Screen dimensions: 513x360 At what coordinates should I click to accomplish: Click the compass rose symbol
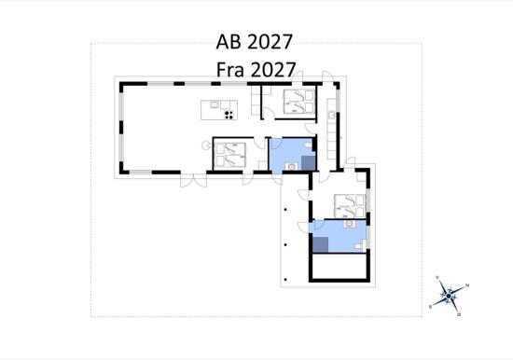(449, 296)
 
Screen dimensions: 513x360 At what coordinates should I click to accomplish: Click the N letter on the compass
(467, 285)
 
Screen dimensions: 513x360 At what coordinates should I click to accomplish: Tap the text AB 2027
(254, 42)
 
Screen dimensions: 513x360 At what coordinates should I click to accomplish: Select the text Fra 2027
(256, 70)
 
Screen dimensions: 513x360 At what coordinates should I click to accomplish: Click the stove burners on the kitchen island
(229, 115)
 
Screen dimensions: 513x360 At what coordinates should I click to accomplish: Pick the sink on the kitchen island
(215, 104)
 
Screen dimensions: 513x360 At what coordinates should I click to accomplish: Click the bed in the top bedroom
(299, 102)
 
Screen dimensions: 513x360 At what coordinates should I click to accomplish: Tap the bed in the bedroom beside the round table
(230, 155)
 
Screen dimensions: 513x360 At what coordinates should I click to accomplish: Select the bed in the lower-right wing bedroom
(350, 206)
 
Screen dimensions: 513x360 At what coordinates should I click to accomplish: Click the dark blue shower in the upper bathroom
(308, 163)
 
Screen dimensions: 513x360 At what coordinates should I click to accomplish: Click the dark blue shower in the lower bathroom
(320, 244)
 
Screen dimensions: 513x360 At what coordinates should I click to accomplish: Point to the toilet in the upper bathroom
(309, 145)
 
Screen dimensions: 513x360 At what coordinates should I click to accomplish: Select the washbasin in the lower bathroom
(350, 224)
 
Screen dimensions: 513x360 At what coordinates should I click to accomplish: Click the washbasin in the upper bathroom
(291, 167)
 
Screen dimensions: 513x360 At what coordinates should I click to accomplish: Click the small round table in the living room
(206, 145)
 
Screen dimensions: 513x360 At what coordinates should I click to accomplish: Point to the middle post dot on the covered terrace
(285, 244)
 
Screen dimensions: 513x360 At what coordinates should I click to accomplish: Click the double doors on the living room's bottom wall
(193, 180)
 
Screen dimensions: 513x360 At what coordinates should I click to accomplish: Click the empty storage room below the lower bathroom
(339, 266)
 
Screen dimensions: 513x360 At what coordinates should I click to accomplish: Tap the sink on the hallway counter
(332, 115)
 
